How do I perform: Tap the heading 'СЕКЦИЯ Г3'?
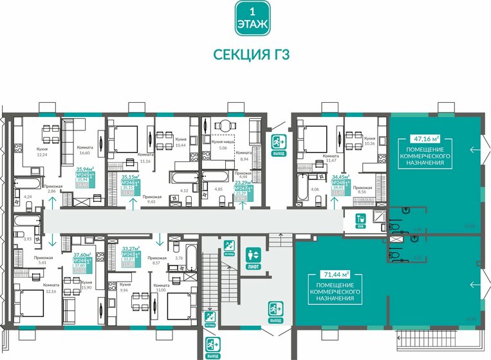pyautogui.click(x=252, y=55)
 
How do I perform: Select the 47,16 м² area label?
pyautogui.click(x=427, y=138)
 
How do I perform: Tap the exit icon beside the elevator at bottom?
pyautogui.click(x=275, y=312)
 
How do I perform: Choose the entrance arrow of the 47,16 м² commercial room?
pyautogui.click(x=475, y=150)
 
